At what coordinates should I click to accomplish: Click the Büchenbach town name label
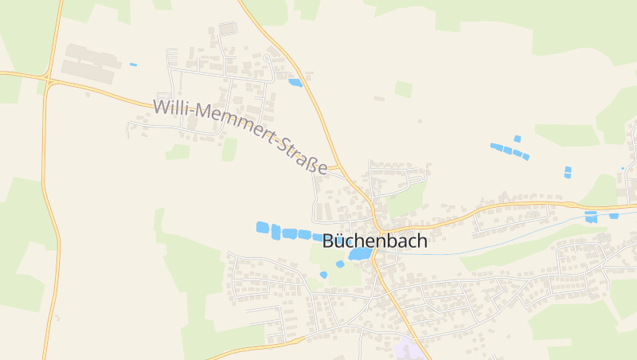pyautogui.click(x=374, y=241)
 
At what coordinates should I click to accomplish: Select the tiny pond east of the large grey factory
pyautogui.click(x=133, y=65)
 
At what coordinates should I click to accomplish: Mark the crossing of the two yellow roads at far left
pyautogui.click(x=48, y=80)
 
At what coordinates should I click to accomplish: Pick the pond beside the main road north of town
pyautogui.click(x=295, y=82)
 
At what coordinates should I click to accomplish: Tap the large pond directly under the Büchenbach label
pyautogui.click(x=360, y=254)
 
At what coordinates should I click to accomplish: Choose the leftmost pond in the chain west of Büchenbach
pyautogui.click(x=262, y=228)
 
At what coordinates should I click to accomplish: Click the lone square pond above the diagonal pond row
pyautogui.click(x=517, y=139)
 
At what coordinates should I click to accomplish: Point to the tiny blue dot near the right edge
pyautogui.click(x=623, y=168)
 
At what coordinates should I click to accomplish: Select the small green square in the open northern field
pyautogui.click(x=404, y=89)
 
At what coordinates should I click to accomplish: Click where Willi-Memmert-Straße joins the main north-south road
pyautogui.click(x=338, y=169)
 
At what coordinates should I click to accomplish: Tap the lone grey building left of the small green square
pyautogui.click(x=379, y=99)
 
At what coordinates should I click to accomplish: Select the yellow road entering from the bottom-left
pyautogui.click(x=239, y=350)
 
